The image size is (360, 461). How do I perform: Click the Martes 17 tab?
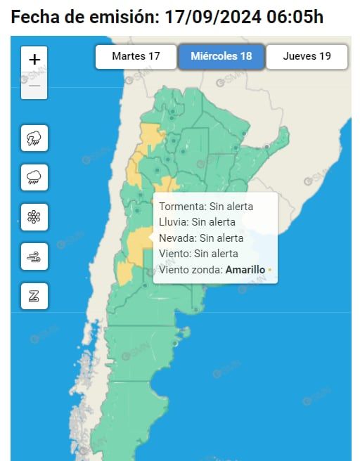click(x=136, y=56)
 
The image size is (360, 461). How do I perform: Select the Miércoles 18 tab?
click(x=221, y=56)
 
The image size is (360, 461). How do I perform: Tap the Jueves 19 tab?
click(x=307, y=56)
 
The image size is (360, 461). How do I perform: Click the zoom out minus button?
click(x=34, y=86)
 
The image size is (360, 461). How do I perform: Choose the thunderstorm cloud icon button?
click(x=34, y=138)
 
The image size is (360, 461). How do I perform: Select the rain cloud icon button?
click(x=34, y=177)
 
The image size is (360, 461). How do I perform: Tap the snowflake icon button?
click(x=34, y=217)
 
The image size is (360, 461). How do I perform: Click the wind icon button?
click(x=34, y=257)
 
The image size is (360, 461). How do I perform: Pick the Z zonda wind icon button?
click(x=34, y=296)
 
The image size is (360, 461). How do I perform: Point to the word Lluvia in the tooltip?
click(x=174, y=222)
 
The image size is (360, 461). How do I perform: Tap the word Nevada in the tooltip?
click(x=176, y=238)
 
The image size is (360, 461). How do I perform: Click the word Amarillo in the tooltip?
click(x=245, y=269)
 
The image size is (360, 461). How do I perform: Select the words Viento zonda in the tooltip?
click(x=191, y=269)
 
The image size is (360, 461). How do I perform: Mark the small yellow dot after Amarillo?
click(x=269, y=270)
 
